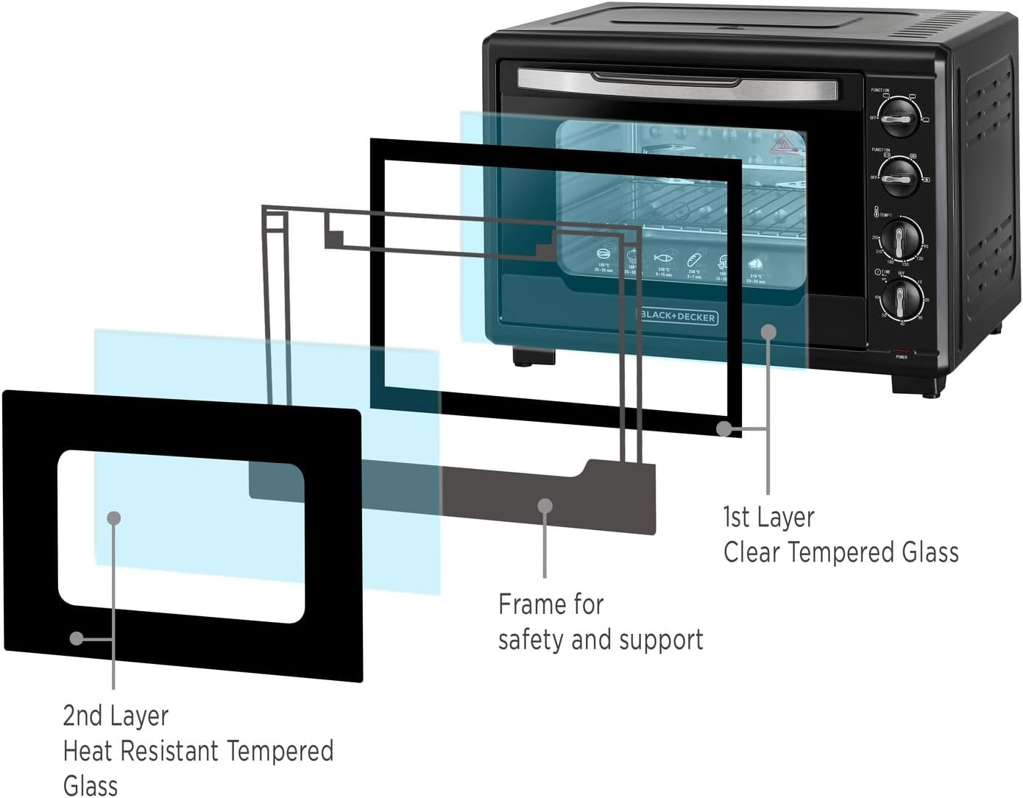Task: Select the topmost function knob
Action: pos(899,117)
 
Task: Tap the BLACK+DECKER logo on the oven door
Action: pos(678,317)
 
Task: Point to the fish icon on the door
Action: pos(663,259)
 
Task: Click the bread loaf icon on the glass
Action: pos(693,259)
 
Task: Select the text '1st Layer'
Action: pos(768,517)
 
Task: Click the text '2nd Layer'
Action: pos(116,716)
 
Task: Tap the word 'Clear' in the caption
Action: pos(752,552)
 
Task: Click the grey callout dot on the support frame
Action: pos(545,506)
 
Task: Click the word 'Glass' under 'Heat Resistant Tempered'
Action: pos(90,785)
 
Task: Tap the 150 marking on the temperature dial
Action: pos(905,264)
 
